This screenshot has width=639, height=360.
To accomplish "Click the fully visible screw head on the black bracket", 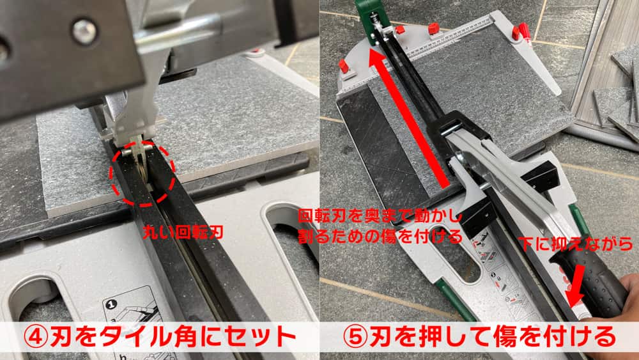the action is click(x=85, y=31).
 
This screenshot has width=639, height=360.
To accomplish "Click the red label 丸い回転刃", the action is click(x=183, y=233).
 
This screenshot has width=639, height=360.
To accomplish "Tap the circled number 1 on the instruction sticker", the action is click(x=111, y=304).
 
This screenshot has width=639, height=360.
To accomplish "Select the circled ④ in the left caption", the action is click(x=35, y=337).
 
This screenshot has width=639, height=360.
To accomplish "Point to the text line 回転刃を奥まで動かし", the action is click(x=380, y=216).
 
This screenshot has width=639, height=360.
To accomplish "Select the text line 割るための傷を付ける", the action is click(x=380, y=236).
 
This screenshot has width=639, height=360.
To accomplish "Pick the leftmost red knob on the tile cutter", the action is click(x=344, y=66).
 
